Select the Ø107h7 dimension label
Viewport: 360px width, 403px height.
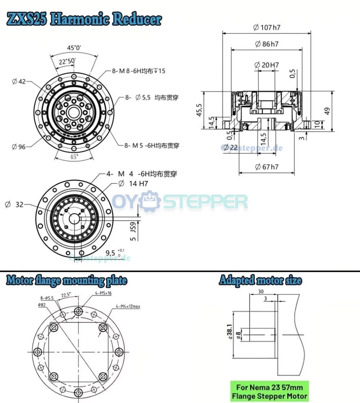[267, 27]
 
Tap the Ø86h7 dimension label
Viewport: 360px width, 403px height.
[267, 44]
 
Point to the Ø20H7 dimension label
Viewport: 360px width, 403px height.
[268, 65]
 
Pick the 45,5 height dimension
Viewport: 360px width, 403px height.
[199, 109]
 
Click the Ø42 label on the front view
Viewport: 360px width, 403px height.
[19, 81]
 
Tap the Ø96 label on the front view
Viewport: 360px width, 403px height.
[19, 147]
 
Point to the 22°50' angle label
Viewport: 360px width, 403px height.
[67, 61]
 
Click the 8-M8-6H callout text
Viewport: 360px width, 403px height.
[138, 70]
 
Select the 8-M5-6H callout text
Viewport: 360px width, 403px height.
[152, 145]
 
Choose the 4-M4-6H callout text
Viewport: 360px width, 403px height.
[142, 174]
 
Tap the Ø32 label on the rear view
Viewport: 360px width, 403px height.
[14, 205]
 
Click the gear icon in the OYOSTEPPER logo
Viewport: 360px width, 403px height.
[151, 201]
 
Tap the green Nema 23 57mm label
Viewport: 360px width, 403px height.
[269, 391]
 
